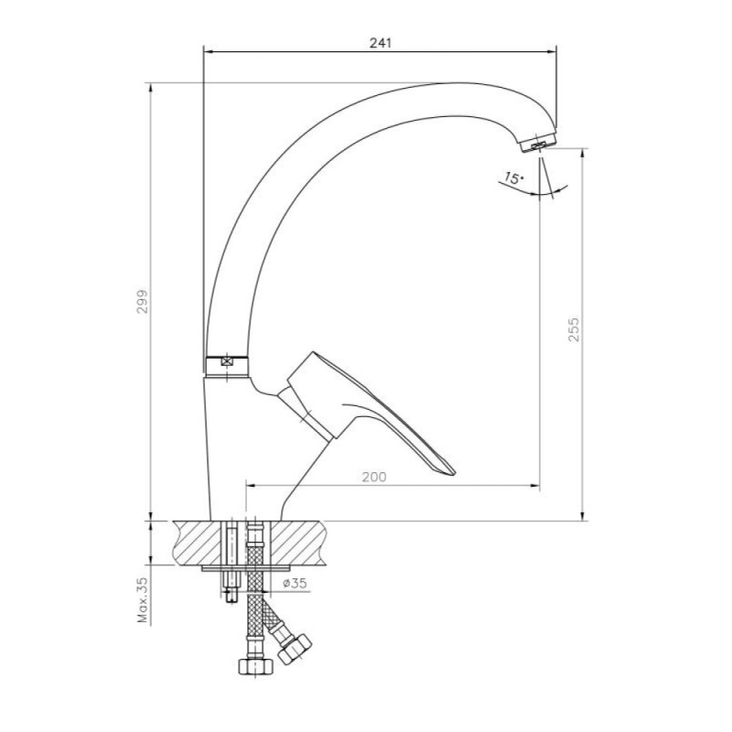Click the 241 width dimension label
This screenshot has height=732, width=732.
point(381,43)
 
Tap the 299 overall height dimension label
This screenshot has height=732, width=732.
point(142,302)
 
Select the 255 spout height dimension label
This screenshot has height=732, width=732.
point(574,329)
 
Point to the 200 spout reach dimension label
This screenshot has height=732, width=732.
point(374,477)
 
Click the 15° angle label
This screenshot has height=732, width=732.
point(513,178)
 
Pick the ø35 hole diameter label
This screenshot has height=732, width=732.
point(295,583)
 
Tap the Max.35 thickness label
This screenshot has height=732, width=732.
point(143,601)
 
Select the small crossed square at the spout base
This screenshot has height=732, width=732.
point(227,361)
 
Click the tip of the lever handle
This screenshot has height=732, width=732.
point(454,473)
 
